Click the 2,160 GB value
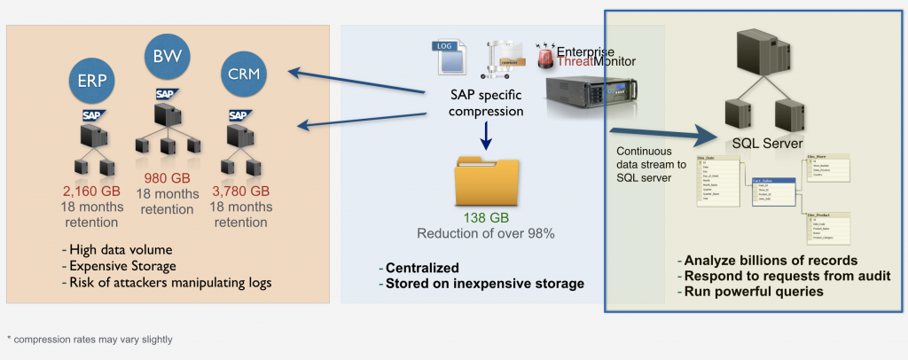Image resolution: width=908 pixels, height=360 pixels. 90,191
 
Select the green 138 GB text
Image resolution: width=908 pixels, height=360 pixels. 484,218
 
